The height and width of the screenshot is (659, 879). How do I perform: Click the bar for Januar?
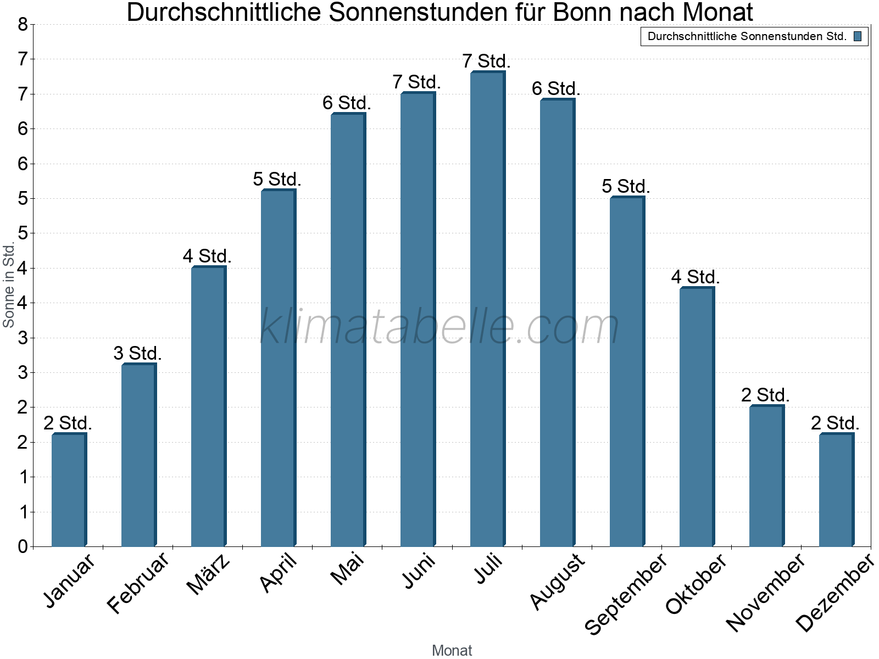(69, 490)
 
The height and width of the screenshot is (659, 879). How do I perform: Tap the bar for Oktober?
(697, 417)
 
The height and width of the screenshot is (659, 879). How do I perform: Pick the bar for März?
(208, 406)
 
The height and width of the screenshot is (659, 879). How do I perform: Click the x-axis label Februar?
(138, 583)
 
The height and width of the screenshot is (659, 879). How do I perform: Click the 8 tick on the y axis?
(23, 24)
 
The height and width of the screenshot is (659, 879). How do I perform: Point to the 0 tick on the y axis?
(23, 546)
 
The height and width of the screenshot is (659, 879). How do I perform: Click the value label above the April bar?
(277, 179)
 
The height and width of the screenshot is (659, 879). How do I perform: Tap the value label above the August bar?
(556, 88)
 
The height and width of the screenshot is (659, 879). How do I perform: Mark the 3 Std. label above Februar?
(137, 353)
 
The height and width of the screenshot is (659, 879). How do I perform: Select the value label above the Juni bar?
(416, 82)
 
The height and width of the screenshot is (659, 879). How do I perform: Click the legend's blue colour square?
(858, 37)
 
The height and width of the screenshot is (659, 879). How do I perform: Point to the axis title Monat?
(452, 650)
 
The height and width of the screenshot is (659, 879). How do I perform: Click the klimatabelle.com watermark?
(439, 327)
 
